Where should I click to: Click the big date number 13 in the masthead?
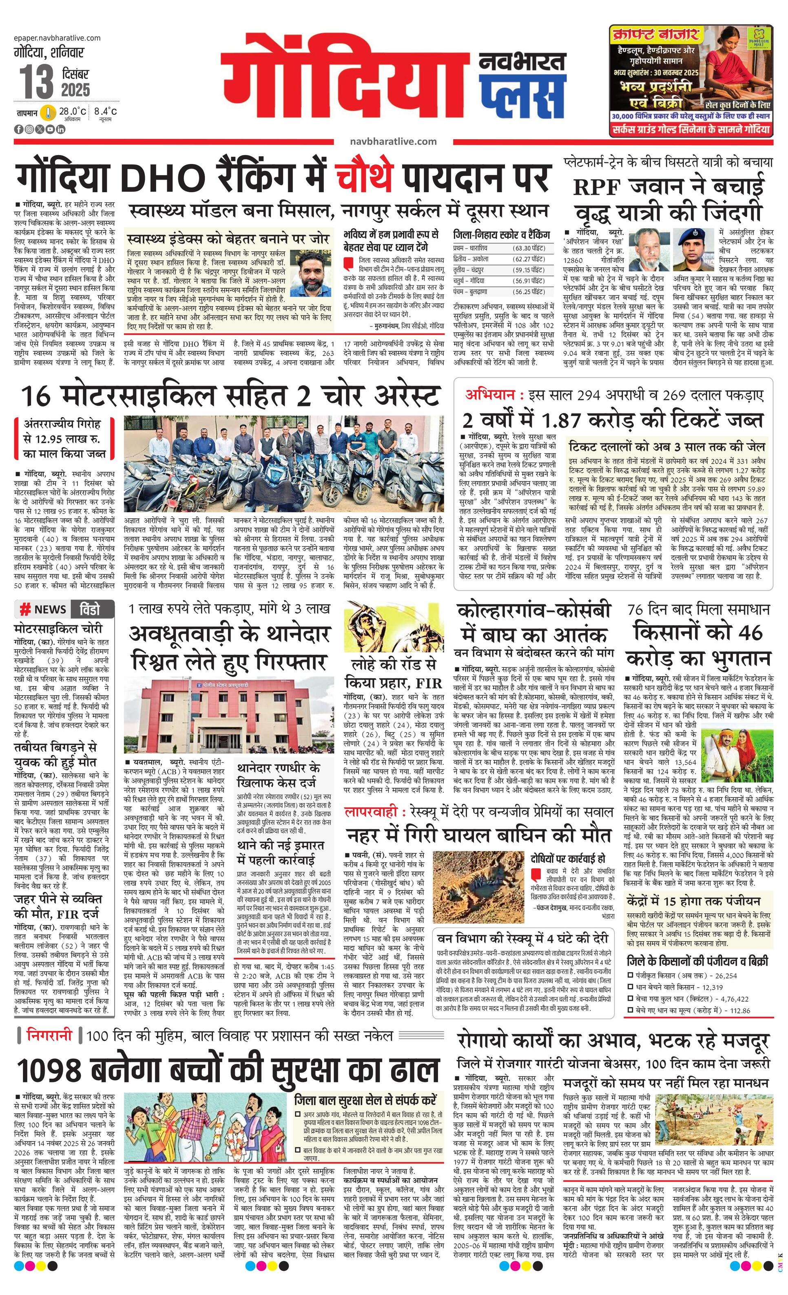[x=37, y=82]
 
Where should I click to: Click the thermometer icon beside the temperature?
[x=48, y=113]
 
